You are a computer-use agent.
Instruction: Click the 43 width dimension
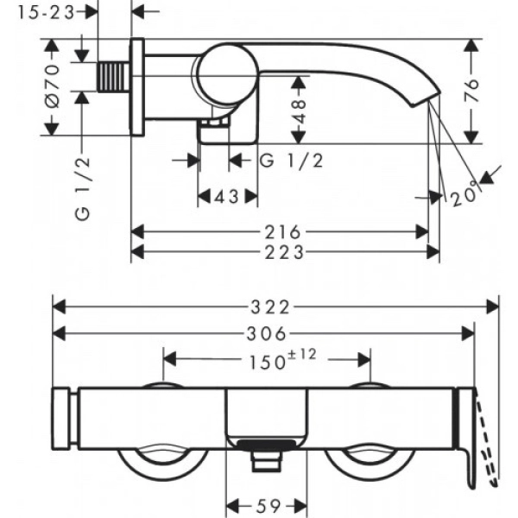(x=226, y=197)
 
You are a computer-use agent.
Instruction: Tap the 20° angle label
(x=464, y=197)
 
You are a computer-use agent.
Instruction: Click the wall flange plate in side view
(x=136, y=86)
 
